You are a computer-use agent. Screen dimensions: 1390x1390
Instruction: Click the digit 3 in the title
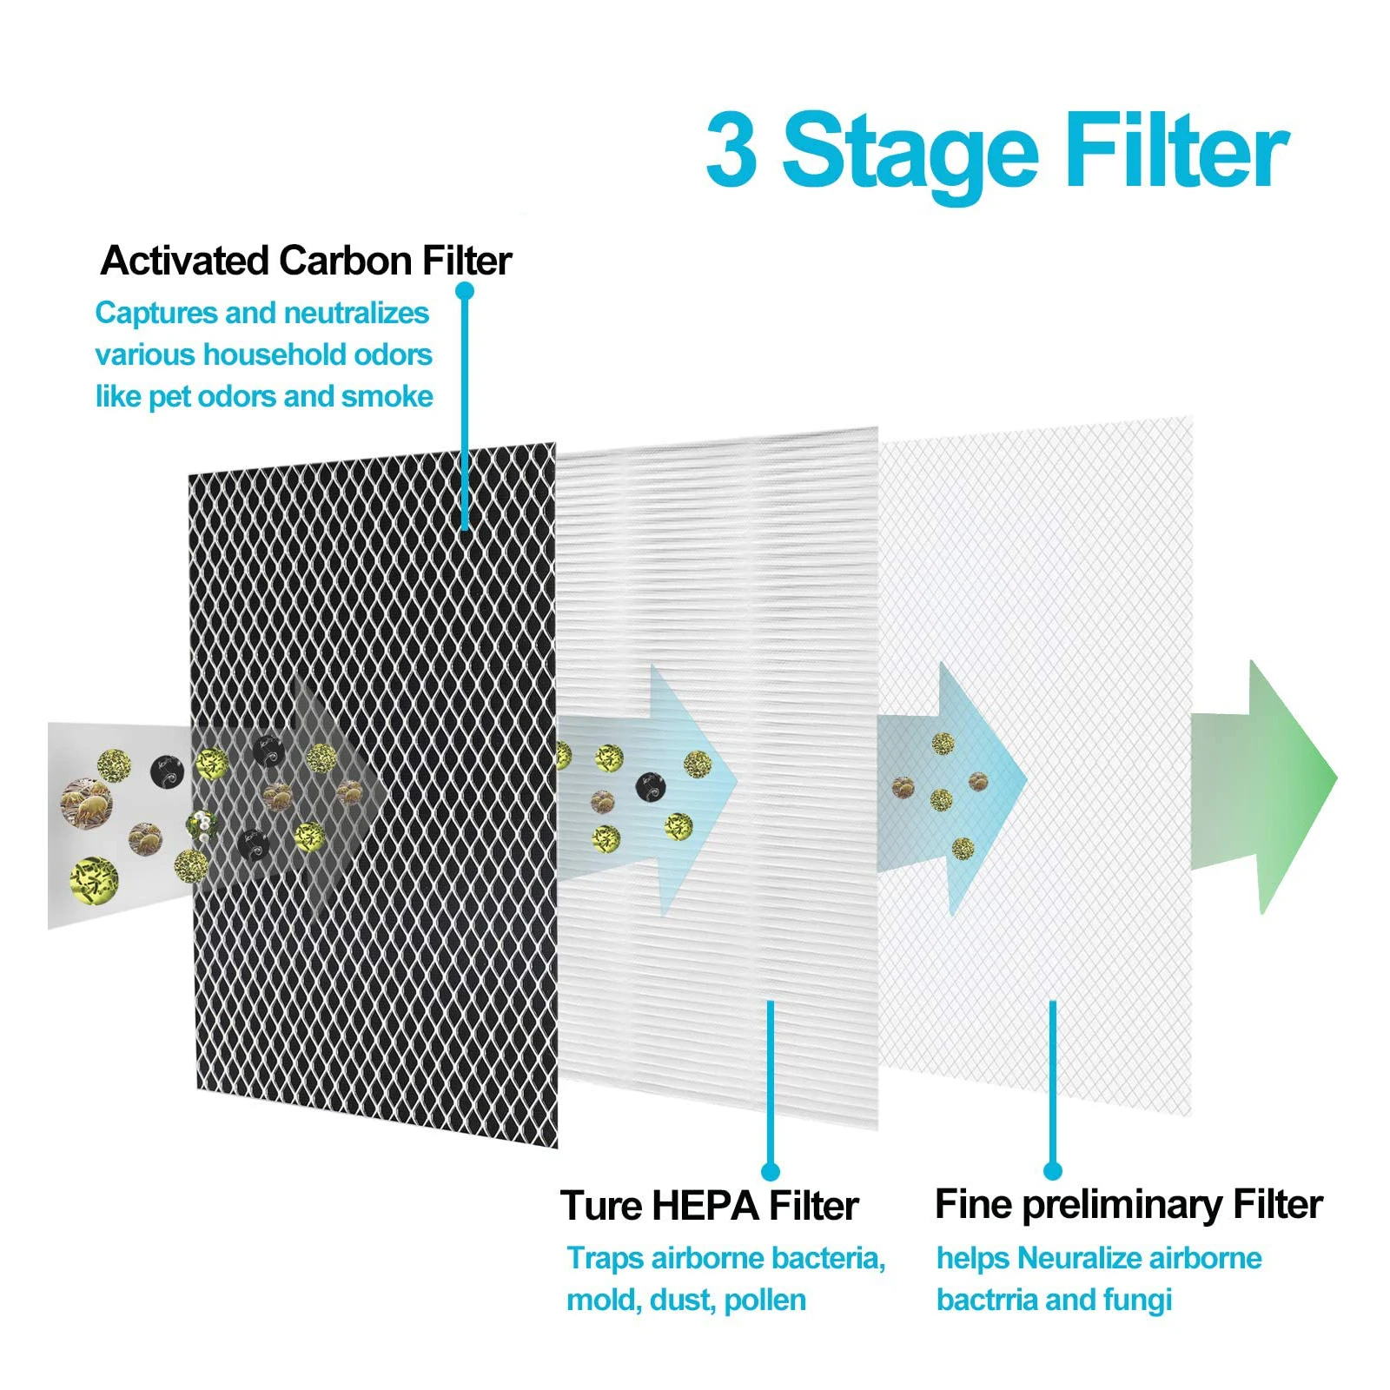pyautogui.click(x=731, y=149)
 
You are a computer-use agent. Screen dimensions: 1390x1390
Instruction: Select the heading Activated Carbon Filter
pyautogui.click(x=306, y=261)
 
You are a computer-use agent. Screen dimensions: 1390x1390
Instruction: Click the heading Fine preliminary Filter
pyautogui.click(x=1128, y=1205)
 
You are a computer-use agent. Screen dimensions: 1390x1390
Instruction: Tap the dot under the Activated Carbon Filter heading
pyautogui.click(x=465, y=290)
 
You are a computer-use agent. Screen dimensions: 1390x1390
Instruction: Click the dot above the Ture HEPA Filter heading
pyautogui.click(x=770, y=1172)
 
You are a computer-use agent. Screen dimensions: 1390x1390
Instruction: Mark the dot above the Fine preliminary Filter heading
pyautogui.click(x=1053, y=1172)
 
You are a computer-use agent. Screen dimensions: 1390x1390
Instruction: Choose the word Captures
pyautogui.click(x=156, y=313)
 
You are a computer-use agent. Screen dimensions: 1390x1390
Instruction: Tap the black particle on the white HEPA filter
pyautogui.click(x=650, y=786)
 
